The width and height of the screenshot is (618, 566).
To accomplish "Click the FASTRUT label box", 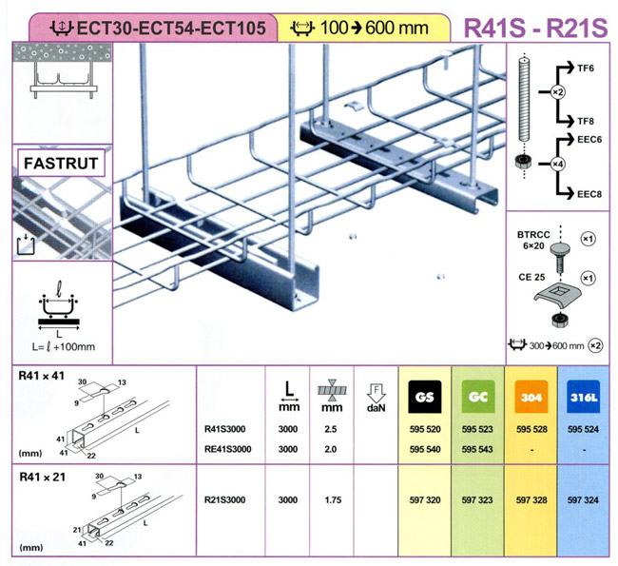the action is [61, 163].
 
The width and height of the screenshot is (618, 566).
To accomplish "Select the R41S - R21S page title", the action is [535, 28].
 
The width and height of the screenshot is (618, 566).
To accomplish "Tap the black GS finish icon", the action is [424, 397].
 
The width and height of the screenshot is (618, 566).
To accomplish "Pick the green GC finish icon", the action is [477, 397].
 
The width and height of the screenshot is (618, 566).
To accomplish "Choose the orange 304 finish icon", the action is [531, 397].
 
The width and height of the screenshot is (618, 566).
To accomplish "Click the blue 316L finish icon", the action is [584, 397].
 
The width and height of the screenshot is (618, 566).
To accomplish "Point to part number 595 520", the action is [425, 429].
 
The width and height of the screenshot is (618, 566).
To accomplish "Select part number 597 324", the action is [583, 500].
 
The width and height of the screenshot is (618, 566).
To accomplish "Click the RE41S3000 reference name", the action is [228, 449].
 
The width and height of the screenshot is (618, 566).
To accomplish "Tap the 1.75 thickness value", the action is [333, 500].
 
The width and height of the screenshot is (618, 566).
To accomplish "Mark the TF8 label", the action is [586, 121].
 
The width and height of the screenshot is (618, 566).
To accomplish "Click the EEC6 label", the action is [589, 140].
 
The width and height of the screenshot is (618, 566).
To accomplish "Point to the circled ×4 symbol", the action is [557, 164].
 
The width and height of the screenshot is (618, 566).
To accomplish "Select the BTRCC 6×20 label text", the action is [533, 241].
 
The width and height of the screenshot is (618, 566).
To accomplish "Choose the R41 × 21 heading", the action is [42, 478].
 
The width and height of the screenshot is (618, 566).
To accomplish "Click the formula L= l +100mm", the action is [64, 347].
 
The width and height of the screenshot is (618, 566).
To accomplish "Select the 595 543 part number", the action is [477, 449].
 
